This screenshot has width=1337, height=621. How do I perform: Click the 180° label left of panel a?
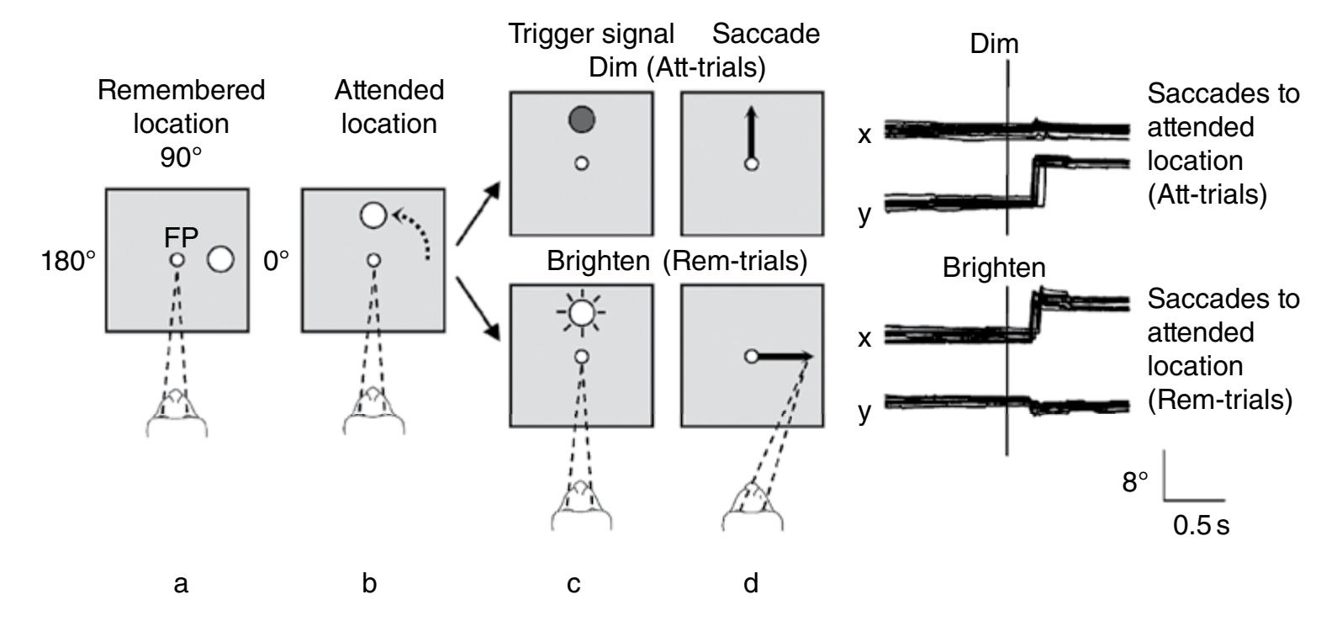point(68,262)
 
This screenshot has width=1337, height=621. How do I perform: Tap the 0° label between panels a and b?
point(275,262)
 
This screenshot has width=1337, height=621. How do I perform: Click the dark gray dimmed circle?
point(581,119)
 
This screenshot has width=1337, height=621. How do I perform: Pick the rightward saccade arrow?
point(785,357)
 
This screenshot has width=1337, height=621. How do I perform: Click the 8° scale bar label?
point(1136,482)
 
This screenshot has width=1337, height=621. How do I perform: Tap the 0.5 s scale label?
point(1202,527)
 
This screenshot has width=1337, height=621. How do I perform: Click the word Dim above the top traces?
point(994,44)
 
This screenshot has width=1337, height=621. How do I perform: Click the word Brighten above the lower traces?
point(994,268)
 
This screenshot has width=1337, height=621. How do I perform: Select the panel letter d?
point(750,583)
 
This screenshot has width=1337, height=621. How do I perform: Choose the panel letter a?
point(180,583)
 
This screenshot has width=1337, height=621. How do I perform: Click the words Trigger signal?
point(592,34)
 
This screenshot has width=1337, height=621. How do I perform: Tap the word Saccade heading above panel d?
point(766,34)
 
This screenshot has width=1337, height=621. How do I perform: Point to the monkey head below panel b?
point(374,409)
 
